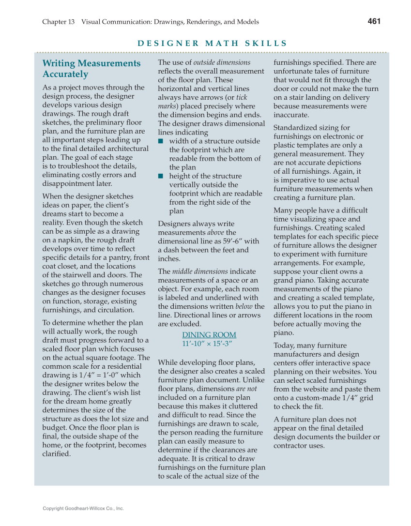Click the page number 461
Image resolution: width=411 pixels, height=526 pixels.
[374, 21]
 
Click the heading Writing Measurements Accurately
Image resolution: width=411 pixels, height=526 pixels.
[91, 69]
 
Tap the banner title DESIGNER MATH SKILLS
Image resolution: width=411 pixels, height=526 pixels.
[212, 44]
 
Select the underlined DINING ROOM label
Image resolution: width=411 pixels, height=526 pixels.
[209, 335]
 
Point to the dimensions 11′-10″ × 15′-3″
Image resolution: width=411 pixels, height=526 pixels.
[208, 344]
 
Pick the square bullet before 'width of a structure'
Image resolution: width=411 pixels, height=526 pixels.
[161, 141]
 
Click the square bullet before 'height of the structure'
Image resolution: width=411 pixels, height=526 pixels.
[161, 176]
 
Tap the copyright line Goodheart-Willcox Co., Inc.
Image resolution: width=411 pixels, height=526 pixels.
[83, 509]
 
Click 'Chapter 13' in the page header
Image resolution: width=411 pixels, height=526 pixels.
[58, 22]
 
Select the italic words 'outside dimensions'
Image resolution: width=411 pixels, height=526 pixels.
[222, 62]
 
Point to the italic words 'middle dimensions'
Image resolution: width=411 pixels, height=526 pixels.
[199, 271]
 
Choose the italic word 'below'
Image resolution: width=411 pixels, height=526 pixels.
[244, 306]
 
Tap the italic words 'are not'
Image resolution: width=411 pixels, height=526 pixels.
[246, 389]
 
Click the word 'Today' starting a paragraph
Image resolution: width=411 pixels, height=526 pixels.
[284, 346]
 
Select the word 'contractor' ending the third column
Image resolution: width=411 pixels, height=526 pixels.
[292, 446]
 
